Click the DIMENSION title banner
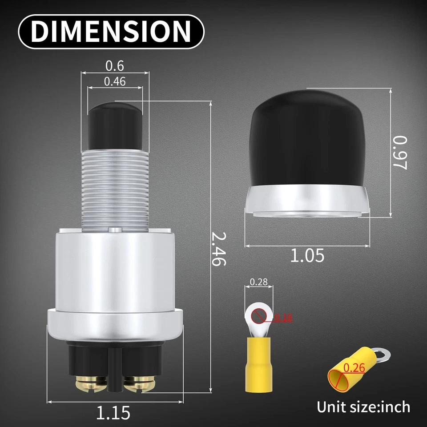pyautogui.click(x=111, y=31)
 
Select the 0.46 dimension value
pyautogui.click(x=114, y=81)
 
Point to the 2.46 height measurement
pyautogui.click(x=219, y=249)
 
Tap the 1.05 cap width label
pyautogui.click(x=307, y=256)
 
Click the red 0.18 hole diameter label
pyautogui.click(x=283, y=318)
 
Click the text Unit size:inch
pyautogui.click(x=363, y=407)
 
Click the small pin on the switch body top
pyautogui.click(x=115, y=230)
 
